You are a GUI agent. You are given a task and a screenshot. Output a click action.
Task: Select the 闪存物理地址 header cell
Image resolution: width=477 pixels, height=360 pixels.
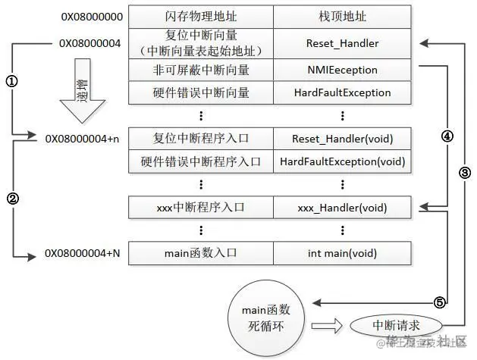[x=200, y=16]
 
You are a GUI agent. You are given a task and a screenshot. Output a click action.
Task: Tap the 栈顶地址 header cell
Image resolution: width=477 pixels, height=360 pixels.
[x=342, y=16]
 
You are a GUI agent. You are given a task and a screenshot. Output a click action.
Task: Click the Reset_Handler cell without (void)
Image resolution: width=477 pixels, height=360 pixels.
[x=342, y=43]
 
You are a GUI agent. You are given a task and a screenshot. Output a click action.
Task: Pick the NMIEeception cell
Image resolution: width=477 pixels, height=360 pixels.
[x=342, y=70]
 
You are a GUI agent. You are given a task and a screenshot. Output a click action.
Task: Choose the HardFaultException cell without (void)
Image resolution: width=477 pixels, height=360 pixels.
[x=342, y=93]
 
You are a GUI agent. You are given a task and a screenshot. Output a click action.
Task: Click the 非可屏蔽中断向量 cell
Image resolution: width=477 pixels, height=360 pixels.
[x=200, y=70]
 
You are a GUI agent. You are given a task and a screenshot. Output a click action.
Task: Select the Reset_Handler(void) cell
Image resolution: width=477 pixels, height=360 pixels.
[x=342, y=139]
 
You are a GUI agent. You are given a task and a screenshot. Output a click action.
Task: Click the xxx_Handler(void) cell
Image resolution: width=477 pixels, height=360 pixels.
[x=342, y=206]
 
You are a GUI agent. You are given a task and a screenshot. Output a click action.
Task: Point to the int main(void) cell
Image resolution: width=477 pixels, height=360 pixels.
[x=342, y=253]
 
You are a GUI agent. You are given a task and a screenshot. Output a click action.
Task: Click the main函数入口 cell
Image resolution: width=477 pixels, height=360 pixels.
[x=200, y=253]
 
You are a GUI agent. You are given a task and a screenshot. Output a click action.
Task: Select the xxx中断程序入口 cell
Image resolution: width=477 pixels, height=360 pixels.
[x=200, y=206]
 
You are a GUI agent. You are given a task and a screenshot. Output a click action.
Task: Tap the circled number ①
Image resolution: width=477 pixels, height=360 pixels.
[x=12, y=80]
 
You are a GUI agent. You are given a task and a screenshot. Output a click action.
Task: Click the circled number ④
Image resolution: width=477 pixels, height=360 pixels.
[x=447, y=137]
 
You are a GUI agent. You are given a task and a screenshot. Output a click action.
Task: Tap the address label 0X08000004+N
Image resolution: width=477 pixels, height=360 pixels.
[x=83, y=253]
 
